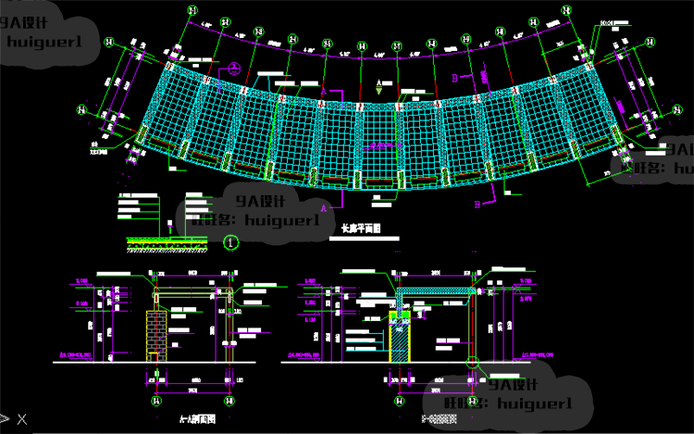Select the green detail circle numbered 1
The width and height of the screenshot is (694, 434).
[x=231, y=242]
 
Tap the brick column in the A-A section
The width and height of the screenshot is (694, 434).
[x=157, y=332]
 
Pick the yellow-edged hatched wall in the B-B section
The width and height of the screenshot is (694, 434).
[x=401, y=338]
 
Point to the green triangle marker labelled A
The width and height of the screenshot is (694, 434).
[x=379, y=84]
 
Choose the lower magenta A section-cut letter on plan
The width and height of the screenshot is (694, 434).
[x=323, y=210]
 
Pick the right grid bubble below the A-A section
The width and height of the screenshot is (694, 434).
[x=227, y=402]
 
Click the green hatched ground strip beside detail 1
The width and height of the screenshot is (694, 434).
[x=167, y=243]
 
